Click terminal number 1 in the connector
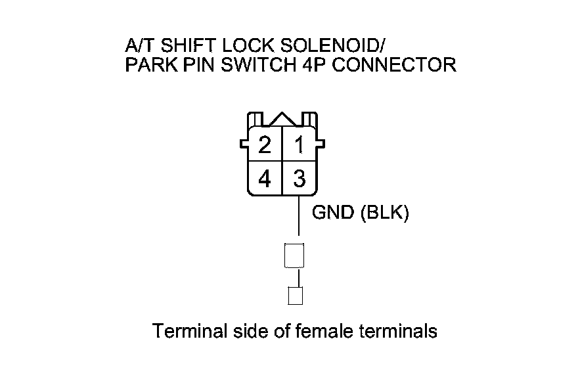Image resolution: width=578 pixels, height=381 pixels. pyautogui.click(x=300, y=145)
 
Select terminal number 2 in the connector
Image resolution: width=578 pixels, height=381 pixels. pyautogui.click(x=265, y=145)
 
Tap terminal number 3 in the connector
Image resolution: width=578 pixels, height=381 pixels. pyautogui.click(x=300, y=179)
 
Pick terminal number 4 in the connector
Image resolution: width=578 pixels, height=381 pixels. pyautogui.click(x=265, y=179)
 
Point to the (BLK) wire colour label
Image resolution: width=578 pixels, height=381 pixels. pyautogui.click(x=385, y=214)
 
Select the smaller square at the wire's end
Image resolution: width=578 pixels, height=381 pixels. pyautogui.click(x=296, y=296)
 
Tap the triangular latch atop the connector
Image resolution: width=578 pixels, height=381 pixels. pyautogui.click(x=282, y=119)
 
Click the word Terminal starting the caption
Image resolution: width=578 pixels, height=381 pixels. pyautogui.click(x=189, y=331)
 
